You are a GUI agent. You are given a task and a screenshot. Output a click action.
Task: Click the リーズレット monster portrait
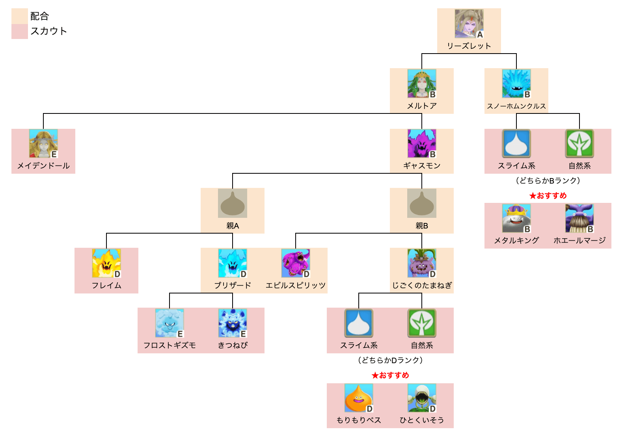click(469, 24)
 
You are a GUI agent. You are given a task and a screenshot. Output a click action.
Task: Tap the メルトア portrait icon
click(421, 84)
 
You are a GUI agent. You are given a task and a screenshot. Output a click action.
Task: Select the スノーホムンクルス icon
click(516, 84)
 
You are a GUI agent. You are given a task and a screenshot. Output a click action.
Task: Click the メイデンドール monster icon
click(43, 143)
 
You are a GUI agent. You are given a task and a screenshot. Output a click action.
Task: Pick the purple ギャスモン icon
click(421, 143)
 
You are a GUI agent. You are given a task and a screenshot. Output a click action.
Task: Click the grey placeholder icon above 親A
click(233, 203)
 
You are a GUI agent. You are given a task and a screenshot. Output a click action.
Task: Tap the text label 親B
click(421, 226)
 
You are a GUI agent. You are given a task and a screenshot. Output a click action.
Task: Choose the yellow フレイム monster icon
click(106, 263)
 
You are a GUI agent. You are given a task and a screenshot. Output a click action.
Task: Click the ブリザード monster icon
click(233, 263)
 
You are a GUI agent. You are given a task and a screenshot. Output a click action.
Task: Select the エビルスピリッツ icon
click(296, 263)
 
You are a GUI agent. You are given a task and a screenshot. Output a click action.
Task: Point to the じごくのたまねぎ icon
click(421, 263)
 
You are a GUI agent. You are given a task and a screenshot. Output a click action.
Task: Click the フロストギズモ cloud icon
click(170, 323)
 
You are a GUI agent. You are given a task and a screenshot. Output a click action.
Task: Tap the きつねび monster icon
click(233, 323)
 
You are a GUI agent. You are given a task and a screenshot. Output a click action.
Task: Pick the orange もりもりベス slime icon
click(359, 398)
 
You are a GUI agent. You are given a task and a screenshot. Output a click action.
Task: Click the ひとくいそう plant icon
click(421, 398)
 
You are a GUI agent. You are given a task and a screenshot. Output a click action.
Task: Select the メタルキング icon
click(516, 218)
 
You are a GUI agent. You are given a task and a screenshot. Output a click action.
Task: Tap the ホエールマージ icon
click(579, 218)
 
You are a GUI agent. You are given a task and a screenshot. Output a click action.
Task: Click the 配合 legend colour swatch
click(20, 16)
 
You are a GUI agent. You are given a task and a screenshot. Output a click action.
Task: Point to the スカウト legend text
click(48, 31)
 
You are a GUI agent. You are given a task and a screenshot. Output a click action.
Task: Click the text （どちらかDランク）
click(390, 360)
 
